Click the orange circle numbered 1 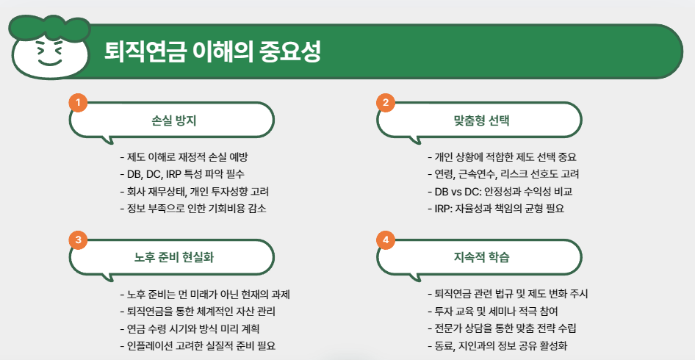78,102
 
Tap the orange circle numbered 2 385,102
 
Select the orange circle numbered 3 78,240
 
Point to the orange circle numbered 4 385,240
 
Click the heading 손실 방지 173,120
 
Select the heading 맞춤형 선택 480,120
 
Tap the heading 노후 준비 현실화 173,258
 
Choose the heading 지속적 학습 480,258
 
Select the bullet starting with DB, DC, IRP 181,174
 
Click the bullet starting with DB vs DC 500,191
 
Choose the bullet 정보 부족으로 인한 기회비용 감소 192,208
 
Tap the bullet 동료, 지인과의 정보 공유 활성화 497,345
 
